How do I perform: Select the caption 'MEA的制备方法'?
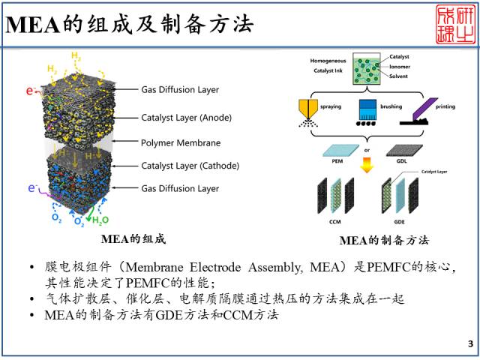point(384,240)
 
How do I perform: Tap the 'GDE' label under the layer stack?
point(403,223)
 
